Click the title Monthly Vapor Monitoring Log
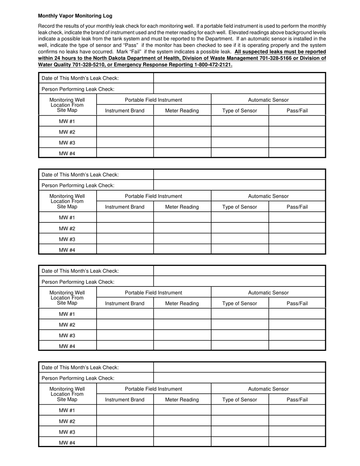(x=75, y=16)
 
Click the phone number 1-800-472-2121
(x=213, y=65)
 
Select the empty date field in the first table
(x=239, y=78)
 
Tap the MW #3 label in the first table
(x=67, y=142)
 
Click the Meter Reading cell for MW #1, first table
(x=182, y=121)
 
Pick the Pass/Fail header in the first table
(x=297, y=111)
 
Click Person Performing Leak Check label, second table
(x=78, y=185)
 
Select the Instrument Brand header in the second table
(x=125, y=207)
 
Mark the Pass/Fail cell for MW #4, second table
(x=297, y=249)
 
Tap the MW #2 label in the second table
(x=67, y=228)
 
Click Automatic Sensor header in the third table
(x=268, y=292)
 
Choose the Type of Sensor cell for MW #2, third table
(x=239, y=325)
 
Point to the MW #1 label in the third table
(x=67, y=314)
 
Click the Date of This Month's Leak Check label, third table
(x=80, y=271)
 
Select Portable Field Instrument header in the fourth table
(x=153, y=389)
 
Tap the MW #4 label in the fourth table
(x=67, y=442)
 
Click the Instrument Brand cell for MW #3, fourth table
(x=125, y=432)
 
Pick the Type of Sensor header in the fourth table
(x=239, y=399)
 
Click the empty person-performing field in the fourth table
(x=239, y=378)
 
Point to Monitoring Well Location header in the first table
(x=67, y=105)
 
